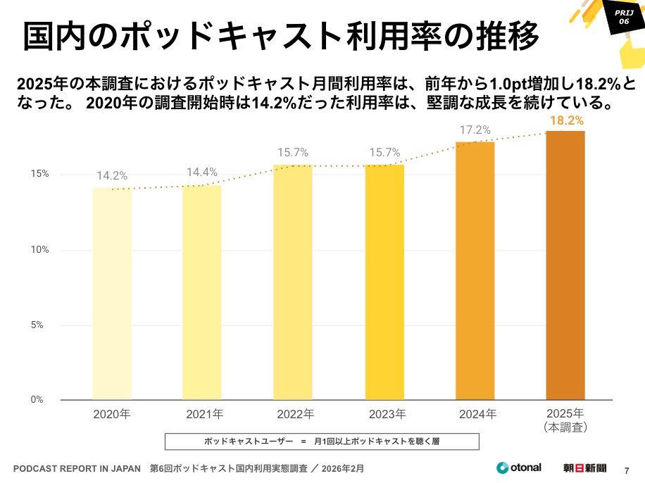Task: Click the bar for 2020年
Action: click(112, 294)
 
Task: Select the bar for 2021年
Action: click(202, 292)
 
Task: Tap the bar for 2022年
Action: click(293, 282)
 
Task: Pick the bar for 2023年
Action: click(384, 282)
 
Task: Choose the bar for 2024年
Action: click(475, 271)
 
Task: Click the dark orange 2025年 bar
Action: click(565, 265)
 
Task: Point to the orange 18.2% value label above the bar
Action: click(566, 120)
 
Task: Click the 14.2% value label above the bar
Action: click(112, 176)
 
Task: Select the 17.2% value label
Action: click(475, 130)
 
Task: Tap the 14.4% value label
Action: click(202, 172)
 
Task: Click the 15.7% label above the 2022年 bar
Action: click(293, 153)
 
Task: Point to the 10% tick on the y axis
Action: click(39, 250)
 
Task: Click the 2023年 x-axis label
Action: click(384, 413)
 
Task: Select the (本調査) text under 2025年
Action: click(565, 427)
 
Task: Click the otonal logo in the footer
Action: click(519, 468)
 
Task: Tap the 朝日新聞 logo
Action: click(584, 468)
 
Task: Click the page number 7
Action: click(627, 470)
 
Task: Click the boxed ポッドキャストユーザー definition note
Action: click(322, 441)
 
